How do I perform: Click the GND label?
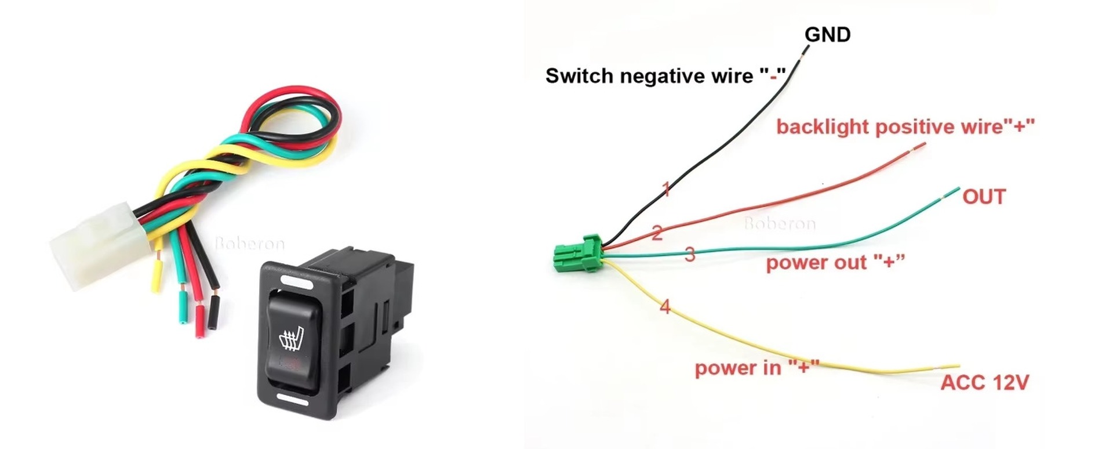[x=827, y=35]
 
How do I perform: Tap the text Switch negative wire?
[x=649, y=76]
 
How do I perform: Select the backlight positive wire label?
[x=905, y=126]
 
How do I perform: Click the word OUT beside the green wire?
[x=984, y=197]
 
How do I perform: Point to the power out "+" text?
[x=835, y=263]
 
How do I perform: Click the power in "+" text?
[x=756, y=368]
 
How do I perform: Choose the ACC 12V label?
[x=984, y=382]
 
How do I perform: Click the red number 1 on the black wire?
[x=667, y=189]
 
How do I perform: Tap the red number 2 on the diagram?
[x=657, y=233]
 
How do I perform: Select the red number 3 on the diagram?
[x=690, y=254]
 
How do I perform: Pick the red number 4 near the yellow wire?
[x=665, y=306]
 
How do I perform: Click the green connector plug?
[x=577, y=254]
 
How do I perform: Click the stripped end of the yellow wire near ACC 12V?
[x=949, y=366]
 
